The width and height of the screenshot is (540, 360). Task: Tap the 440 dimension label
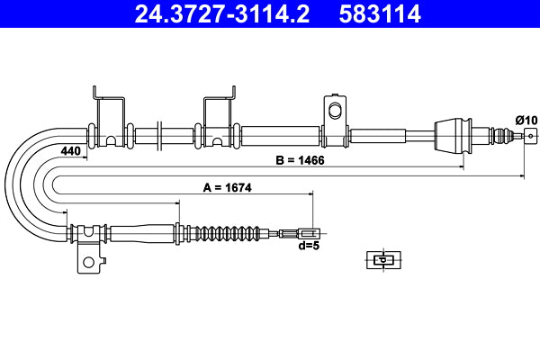pyautogui.click(x=70, y=151)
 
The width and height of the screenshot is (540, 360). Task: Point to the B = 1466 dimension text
pyautogui.click(x=300, y=160)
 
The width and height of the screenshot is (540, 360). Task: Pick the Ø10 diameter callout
pyautogui.click(x=526, y=119)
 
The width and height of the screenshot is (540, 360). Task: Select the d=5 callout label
pyautogui.click(x=309, y=245)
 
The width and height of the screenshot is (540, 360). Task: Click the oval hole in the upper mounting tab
pyautogui.click(x=335, y=112)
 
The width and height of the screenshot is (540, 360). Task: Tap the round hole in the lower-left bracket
pyautogui.click(x=88, y=263)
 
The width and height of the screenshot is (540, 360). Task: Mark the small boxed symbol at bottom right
pyautogui.click(x=382, y=259)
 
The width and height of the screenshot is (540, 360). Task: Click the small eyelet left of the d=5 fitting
pyautogui.click(x=286, y=233)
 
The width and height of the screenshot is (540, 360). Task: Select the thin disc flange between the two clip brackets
pyautogui.click(x=159, y=136)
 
